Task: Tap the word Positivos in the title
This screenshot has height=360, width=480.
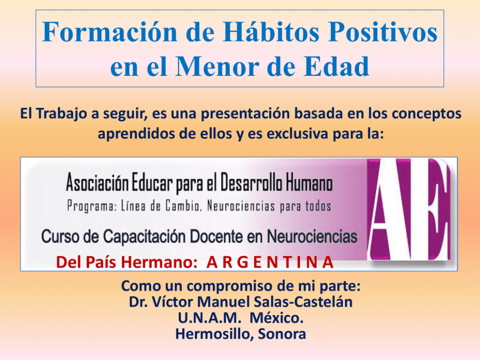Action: tap(383, 32)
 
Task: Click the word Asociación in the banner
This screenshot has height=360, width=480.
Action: tap(97, 182)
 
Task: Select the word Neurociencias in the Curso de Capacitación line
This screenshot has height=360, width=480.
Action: tap(312, 237)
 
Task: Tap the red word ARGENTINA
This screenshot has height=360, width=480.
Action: tap(270, 262)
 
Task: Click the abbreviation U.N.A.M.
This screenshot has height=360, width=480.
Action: tap(210, 318)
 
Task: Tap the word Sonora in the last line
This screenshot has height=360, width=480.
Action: tap(282, 334)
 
